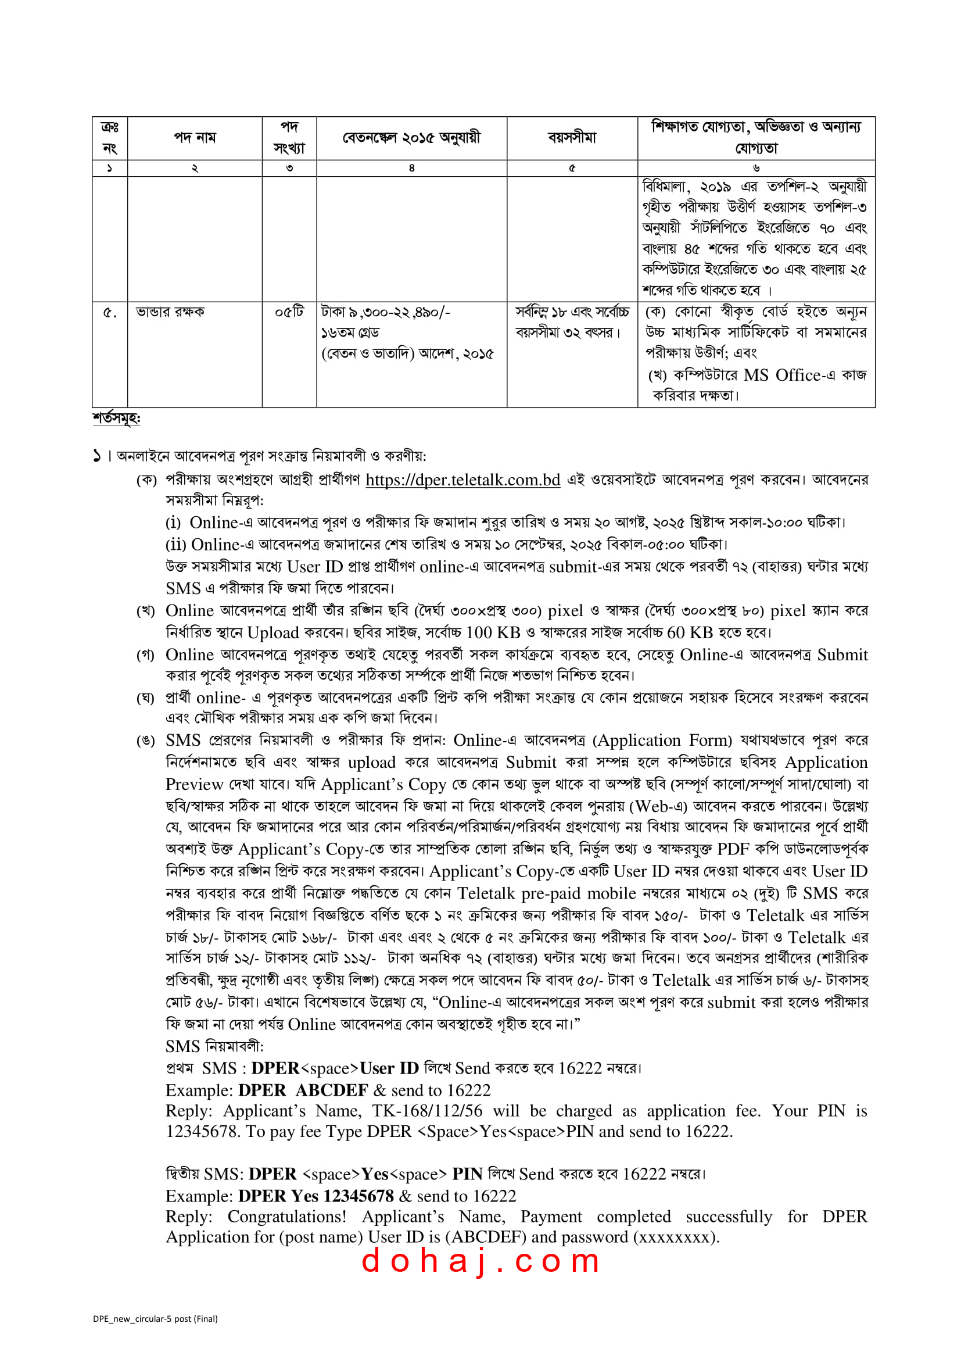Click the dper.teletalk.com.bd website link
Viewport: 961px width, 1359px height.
462,480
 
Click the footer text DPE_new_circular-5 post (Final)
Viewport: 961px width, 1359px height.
155,1318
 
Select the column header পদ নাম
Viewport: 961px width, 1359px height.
195,138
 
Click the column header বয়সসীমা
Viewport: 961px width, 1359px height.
572,138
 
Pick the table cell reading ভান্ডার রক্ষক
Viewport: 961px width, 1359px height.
170,312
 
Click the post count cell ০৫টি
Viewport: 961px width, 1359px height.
289,312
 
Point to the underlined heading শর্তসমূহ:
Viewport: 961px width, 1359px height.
116,418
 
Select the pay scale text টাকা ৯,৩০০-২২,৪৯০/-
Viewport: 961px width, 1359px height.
385,312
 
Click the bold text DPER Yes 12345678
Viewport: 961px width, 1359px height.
315,1196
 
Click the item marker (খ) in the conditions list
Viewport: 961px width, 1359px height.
146,611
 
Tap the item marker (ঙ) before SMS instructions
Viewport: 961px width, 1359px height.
146,741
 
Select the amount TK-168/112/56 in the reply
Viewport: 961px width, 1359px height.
426,1110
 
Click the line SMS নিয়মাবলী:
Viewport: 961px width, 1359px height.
214,1046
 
